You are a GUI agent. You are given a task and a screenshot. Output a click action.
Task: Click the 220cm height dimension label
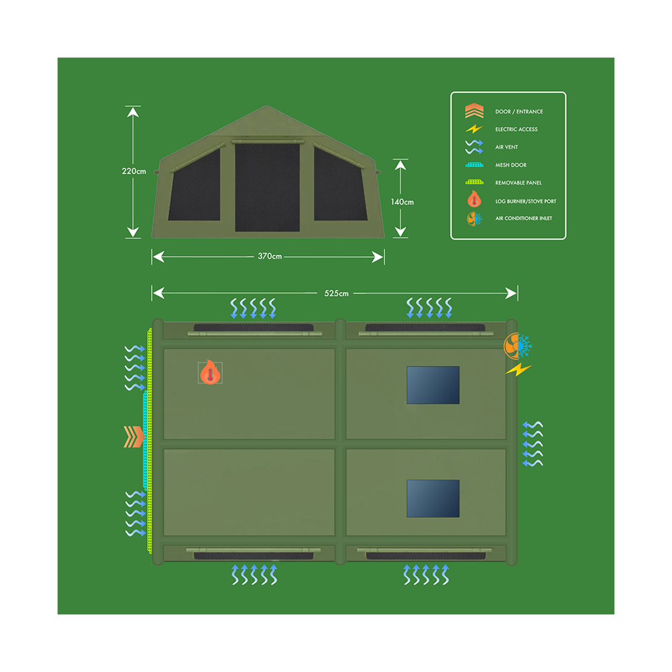click(x=134, y=171)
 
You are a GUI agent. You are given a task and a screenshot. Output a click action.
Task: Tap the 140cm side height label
click(x=402, y=202)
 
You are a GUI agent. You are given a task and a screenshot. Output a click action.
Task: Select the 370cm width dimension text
click(x=270, y=256)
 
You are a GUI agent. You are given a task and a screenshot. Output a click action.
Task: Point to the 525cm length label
click(x=337, y=293)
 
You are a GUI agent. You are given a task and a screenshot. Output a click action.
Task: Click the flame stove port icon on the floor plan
click(x=210, y=372)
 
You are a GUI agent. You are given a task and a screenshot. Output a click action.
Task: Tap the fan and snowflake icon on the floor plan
click(x=518, y=346)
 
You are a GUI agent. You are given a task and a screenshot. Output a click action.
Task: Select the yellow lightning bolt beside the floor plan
click(x=519, y=369)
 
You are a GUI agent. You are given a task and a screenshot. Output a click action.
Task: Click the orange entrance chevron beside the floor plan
click(x=134, y=437)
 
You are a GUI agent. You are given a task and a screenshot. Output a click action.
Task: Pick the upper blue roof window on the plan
click(x=433, y=385)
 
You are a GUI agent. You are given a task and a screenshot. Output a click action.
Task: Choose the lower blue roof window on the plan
click(x=433, y=498)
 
